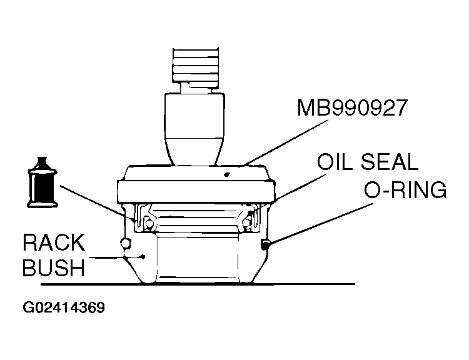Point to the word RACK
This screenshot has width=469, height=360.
point(54,244)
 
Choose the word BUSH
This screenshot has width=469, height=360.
point(54,269)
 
